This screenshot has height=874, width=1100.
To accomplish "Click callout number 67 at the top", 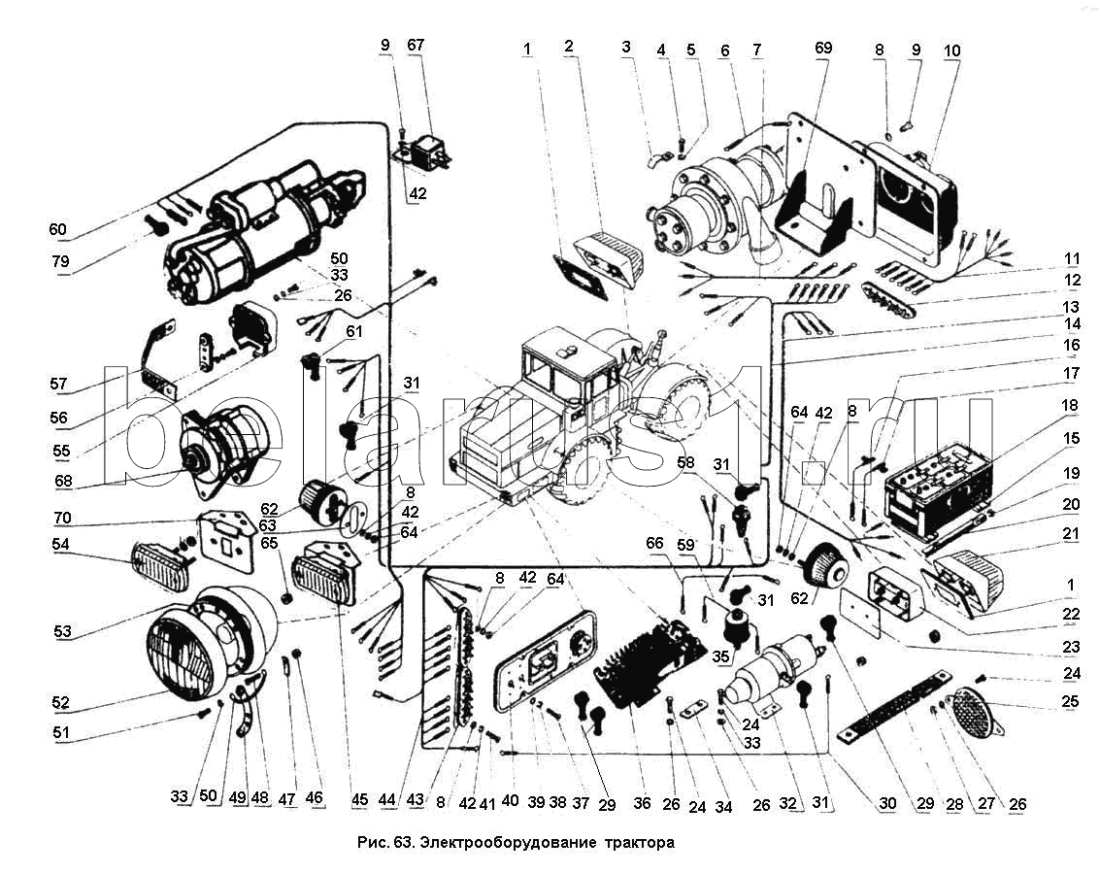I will [x=416, y=46].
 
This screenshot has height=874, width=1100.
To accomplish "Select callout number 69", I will [x=822, y=48].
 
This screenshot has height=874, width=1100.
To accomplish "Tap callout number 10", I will [x=950, y=50].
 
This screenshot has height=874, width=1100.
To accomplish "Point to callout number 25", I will [x=1070, y=700].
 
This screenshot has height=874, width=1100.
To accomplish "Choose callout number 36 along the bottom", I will [x=641, y=804].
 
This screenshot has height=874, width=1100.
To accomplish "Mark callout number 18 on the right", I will [x=1070, y=405].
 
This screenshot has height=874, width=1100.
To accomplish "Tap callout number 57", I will [x=60, y=384].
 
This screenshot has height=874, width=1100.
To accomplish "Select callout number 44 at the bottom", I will [x=388, y=799].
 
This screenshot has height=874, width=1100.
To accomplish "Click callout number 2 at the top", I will [x=568, y=46].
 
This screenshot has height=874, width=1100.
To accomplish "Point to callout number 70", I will [x=60, y=517].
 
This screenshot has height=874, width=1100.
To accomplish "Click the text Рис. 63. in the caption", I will [x=383, y=842].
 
